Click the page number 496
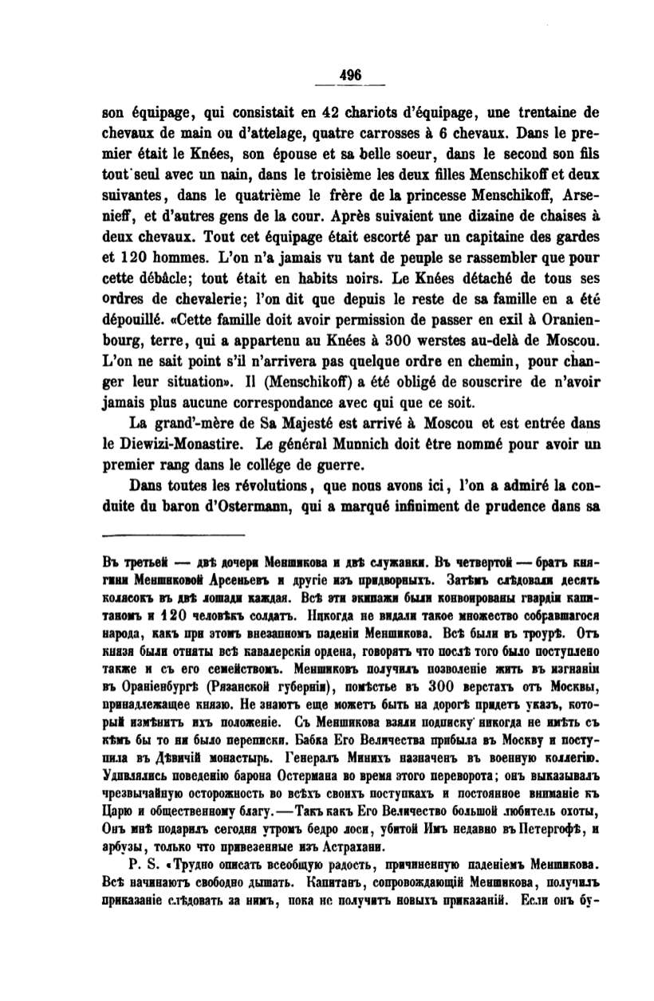pyautogui.click(x=351, y=73)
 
